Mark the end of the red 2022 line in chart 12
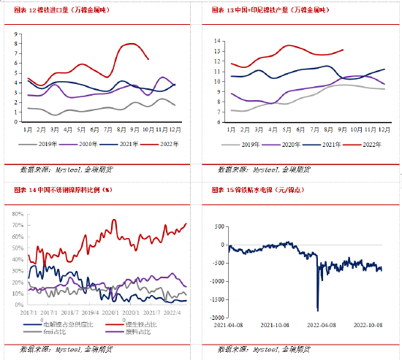pyautogui.click(x=149, y=59)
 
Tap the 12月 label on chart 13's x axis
pyautogui.click(x=380, y=129)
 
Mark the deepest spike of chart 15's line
pyautogui.click(x=317, y=310)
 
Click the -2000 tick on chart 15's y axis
pyautogui.click(x=213, y=318)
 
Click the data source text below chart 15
pyautogui.click(x=266, y=348)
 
